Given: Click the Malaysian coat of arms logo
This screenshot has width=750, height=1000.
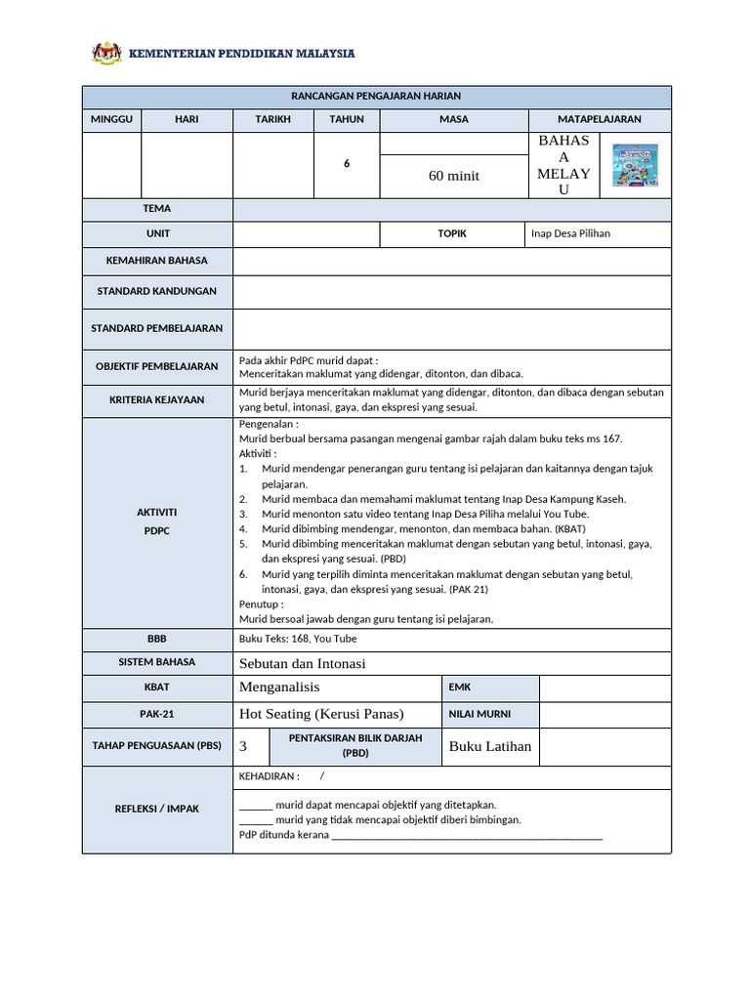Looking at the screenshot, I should tap(106, 53).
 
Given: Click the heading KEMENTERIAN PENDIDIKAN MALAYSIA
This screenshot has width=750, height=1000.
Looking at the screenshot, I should tap(242, 54).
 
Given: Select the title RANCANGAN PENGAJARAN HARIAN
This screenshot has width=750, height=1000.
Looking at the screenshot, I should tap(376, 96).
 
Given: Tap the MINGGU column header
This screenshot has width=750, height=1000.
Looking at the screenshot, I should tap(111, 119).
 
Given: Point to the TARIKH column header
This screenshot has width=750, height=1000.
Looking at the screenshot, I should tap(272, 119).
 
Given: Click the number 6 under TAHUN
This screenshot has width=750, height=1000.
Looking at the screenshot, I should tap(346, 164).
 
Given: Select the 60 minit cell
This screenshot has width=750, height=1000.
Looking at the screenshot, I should tap(453, 176).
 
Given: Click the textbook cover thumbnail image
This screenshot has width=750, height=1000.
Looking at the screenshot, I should tap(635, 165).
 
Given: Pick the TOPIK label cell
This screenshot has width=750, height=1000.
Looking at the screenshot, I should tap(452, 234).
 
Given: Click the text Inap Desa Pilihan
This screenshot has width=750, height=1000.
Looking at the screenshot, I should tap(570, 234).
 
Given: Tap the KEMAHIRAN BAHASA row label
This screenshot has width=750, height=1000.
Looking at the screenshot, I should tap(156, 261).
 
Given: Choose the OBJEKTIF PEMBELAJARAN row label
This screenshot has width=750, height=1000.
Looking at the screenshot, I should tap(156, 366).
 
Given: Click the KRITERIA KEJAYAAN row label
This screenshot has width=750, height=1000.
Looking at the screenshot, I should tap(156, 399).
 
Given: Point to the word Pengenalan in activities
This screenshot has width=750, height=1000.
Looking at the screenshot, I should tap(268, 425).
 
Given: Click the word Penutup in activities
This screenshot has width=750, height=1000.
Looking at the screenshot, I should tap(260, 604).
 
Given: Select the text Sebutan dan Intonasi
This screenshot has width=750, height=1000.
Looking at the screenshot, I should tap(302, 663).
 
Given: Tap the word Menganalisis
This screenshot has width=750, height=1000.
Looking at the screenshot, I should tap(279, 687).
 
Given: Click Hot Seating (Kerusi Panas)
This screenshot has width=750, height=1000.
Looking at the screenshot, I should tap(320, 714).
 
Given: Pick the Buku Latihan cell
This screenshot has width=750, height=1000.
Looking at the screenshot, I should tap(489, 746).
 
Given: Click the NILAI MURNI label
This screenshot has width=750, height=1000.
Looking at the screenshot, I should tap(479, 714).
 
